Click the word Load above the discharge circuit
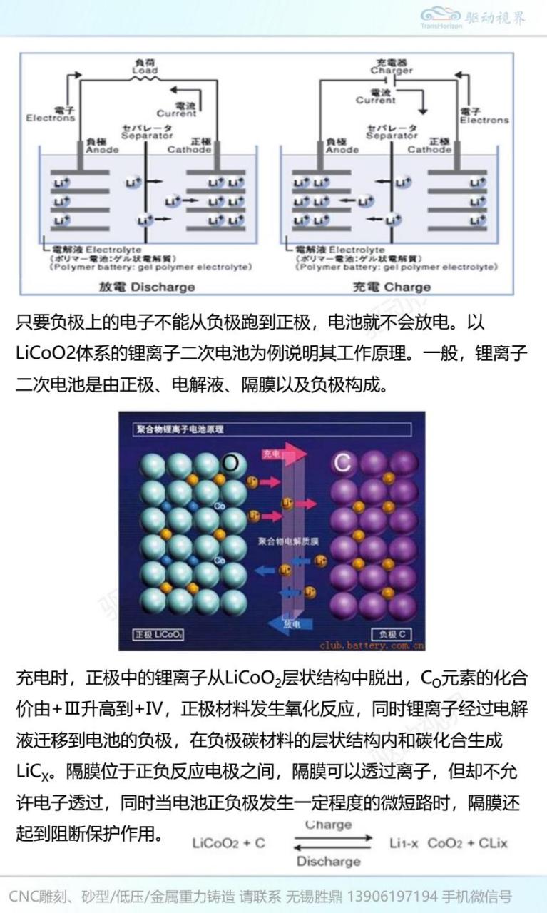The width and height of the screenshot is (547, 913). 145,71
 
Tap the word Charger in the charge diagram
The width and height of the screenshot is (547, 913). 392,71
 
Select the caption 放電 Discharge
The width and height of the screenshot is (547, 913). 147,287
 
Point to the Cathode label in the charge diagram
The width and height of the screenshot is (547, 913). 430,150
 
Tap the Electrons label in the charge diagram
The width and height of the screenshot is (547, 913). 484,121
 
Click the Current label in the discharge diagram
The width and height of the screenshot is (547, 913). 177,113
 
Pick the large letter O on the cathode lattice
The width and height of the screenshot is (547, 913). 230,463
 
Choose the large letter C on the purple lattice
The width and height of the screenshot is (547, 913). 342,464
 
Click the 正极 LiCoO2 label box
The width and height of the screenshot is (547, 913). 159,634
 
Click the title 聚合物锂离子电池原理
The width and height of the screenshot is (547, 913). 180,429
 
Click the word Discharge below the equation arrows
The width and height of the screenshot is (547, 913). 328,861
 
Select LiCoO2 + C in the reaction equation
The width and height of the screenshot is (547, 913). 228,843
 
